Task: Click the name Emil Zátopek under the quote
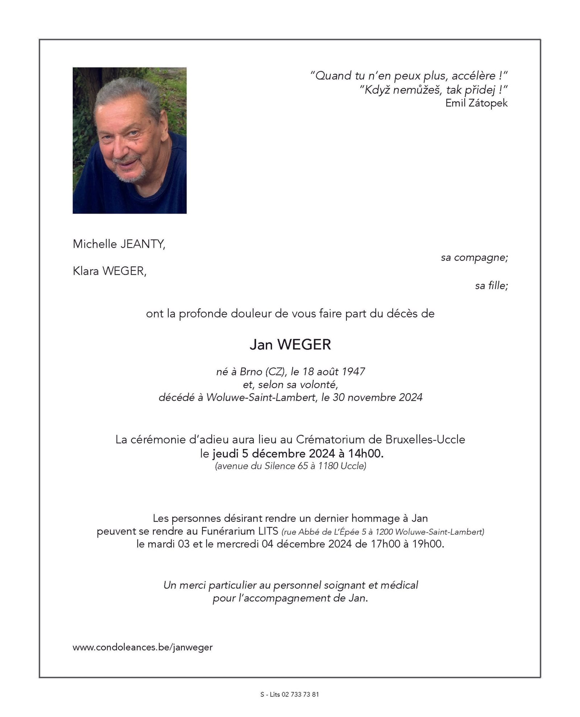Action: point(476,103)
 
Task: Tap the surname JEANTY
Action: point(143,244)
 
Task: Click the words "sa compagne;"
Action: point(474,257)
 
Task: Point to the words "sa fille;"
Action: point(491,286)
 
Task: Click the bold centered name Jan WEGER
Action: point(290,345)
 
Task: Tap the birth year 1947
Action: point(353,372)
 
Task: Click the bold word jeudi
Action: point(225,454)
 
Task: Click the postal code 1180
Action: point(328,466)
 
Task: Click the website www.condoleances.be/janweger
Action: point(142,647)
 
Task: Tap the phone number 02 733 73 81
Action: point(300,695)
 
